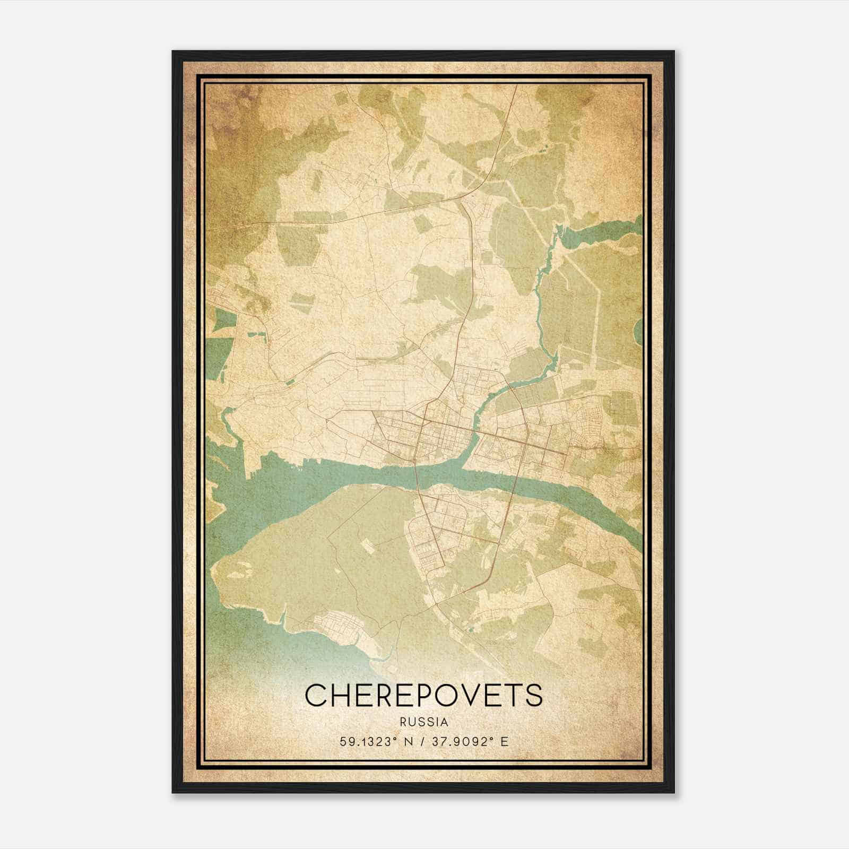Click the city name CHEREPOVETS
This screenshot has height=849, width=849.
pos(424,695)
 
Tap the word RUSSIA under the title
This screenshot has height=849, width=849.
pos(424,722)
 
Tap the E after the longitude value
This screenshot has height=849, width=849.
pos(504,741)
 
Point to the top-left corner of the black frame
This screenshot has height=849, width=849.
pos(174,52)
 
